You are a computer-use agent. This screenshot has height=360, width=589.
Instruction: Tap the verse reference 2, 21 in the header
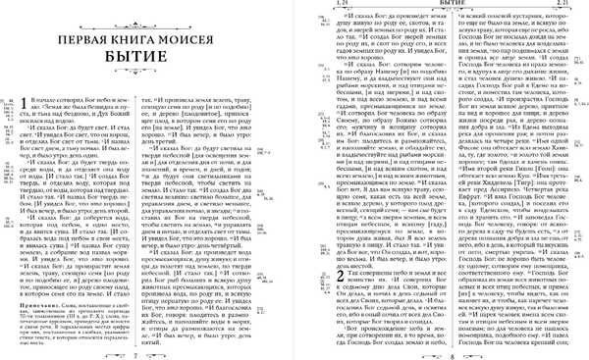[566, 6]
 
